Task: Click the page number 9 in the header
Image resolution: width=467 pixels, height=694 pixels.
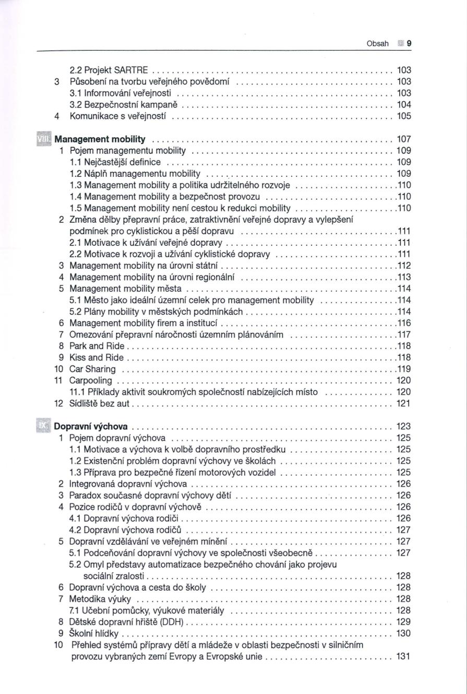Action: point(409,44)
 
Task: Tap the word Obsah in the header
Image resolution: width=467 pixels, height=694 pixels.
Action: point(378,44)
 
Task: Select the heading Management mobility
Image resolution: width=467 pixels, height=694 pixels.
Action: point(100,139)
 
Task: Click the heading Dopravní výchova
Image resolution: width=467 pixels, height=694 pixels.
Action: point(94,426)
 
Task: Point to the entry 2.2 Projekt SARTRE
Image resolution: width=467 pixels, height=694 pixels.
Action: point(109,70)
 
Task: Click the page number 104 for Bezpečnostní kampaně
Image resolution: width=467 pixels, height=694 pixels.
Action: point(404,104)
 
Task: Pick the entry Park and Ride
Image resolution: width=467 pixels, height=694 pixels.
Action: point(97,346)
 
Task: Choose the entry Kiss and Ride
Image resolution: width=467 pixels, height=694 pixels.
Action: point(97,357)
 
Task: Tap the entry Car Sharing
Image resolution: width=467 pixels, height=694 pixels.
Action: point(92,369)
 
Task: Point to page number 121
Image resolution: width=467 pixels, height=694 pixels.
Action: point(404,403)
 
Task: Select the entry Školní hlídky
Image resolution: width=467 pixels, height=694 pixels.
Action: point(94,633)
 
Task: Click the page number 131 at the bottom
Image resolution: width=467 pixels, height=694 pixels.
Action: point(404,656)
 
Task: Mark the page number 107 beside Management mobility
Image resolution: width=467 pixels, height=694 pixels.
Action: point(404,139)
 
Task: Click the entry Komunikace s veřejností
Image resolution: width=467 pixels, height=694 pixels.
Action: point(117,116)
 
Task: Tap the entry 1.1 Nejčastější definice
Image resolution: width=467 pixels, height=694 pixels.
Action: point(115,162)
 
